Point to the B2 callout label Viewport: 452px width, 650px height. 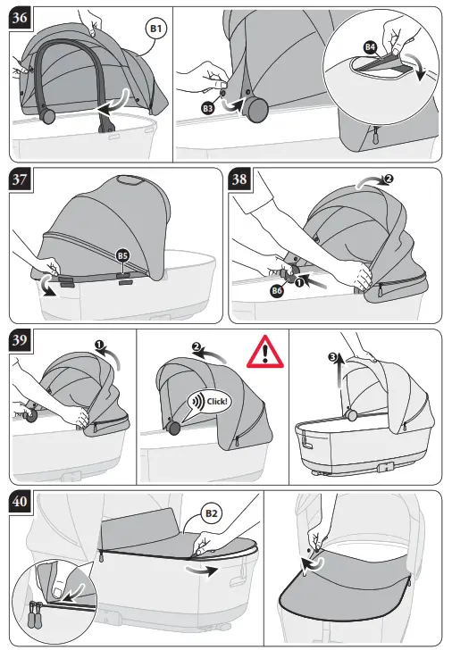pos(213,514)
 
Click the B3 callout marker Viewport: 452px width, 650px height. pos(208,108)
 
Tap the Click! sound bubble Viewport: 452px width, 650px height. pos(211,401)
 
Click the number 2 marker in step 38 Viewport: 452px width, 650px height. pos(389,179)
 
